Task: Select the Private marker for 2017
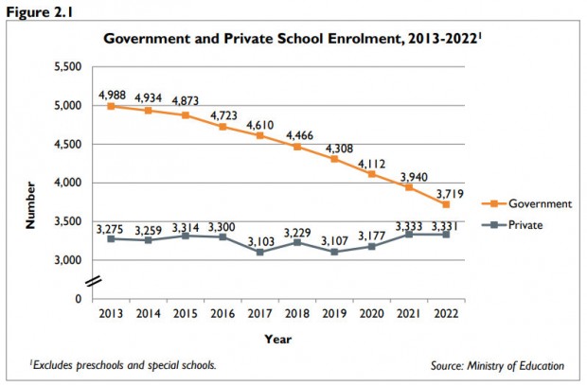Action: click(x=258, y=252)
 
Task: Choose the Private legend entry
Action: click(x=526, y=224)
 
